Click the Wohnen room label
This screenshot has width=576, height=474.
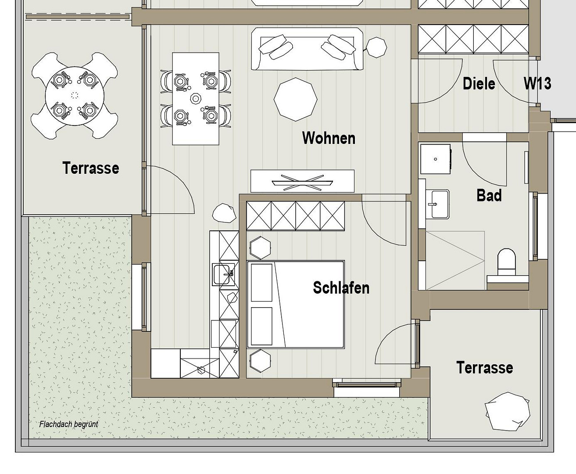coord(329,138)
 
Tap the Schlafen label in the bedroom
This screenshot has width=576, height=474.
coord(341,288)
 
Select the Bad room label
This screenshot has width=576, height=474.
coord(489,196)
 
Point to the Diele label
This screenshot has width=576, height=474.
coord(479,83)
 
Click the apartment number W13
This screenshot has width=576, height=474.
coord(537,83)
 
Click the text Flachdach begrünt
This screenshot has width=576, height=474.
coord(68,424)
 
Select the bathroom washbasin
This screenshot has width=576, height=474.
coord(437,204)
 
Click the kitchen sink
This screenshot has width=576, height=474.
coord(224,274)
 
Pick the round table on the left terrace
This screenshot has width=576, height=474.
coord(75,96)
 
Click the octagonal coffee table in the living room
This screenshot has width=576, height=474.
coord(296,99)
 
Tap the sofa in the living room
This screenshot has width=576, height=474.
coord(307,49)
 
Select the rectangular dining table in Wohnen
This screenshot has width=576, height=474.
coord(196,99)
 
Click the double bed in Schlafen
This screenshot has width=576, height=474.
coord(296,304)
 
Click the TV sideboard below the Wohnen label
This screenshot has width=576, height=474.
coord(302,181)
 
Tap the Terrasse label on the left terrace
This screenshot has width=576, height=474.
coord(91,168)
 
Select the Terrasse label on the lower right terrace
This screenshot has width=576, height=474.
coord(484,367)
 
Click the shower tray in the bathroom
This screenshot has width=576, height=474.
coord(455,261)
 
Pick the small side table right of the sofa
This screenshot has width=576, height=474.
coord(376,47)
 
